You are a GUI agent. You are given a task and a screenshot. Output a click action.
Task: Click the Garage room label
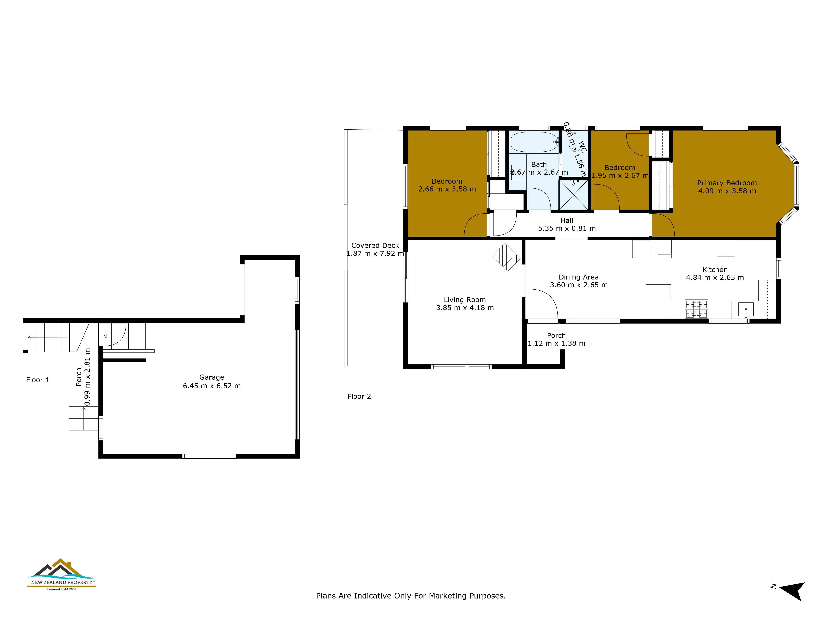click(x=211, y=377)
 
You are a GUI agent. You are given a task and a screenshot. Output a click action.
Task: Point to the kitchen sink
click(x=745, y=310)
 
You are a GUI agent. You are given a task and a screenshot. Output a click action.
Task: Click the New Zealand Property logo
click(x=62, y=575)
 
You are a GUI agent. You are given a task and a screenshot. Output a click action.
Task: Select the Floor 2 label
click(x=359, y=397)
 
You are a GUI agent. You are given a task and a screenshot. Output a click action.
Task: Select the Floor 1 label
click(x=38, y=380)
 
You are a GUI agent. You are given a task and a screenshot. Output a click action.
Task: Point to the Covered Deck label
click(x=375, y=245)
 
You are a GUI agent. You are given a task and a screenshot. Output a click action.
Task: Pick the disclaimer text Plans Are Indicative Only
click(x=411, y=596)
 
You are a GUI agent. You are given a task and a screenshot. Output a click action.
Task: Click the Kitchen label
click(x=715, y=270)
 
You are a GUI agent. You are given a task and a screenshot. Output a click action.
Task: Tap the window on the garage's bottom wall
click(x=209, y=456)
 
